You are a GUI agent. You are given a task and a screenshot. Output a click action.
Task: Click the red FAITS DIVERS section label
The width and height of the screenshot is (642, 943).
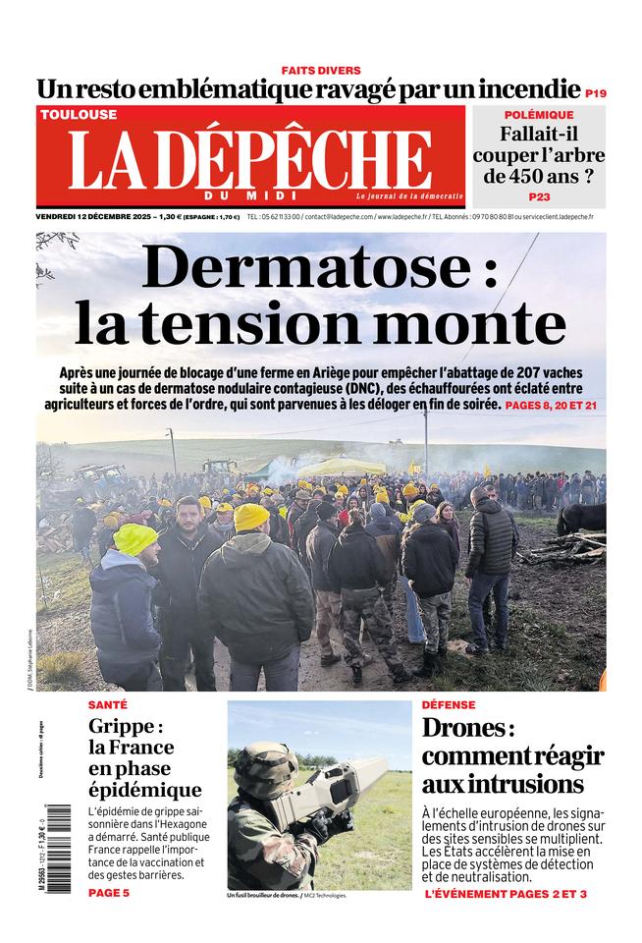tap(321, 71)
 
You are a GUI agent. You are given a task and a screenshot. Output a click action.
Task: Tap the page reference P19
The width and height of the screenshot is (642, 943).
tap(595, 94)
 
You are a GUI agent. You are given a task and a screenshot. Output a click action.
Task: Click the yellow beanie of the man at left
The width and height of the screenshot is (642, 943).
tap(134, 537)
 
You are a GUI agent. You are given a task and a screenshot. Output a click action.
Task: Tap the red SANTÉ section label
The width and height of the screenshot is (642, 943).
tap(107, 705)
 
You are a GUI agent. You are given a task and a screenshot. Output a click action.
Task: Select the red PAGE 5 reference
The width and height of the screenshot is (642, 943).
tap(108, 892)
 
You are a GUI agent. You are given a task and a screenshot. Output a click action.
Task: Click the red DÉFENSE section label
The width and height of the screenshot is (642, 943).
tap(449, 705)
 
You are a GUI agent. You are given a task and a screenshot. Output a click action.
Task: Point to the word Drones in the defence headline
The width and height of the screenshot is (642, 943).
tap(464, 730)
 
